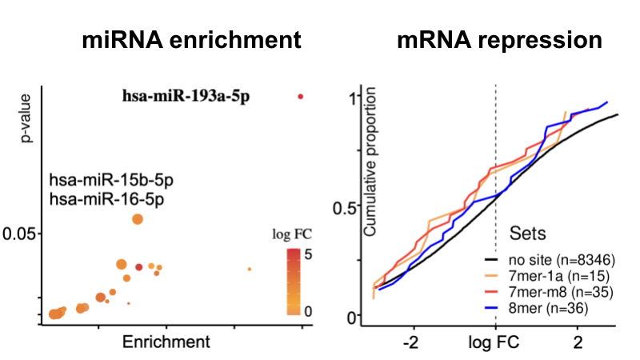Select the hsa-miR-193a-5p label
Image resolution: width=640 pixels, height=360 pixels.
pyautogui.click(x=186, y=98)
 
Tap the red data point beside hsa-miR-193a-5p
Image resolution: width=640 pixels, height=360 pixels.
pyautogui.click(x=301, y=97)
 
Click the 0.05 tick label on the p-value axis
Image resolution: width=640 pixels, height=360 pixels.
pyautogui.click(x=22, y=234)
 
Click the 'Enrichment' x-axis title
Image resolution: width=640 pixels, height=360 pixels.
pyautogui.click(x=166, y=342)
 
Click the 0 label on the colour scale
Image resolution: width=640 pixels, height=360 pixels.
pyautogui.click(x=306, y=310)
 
